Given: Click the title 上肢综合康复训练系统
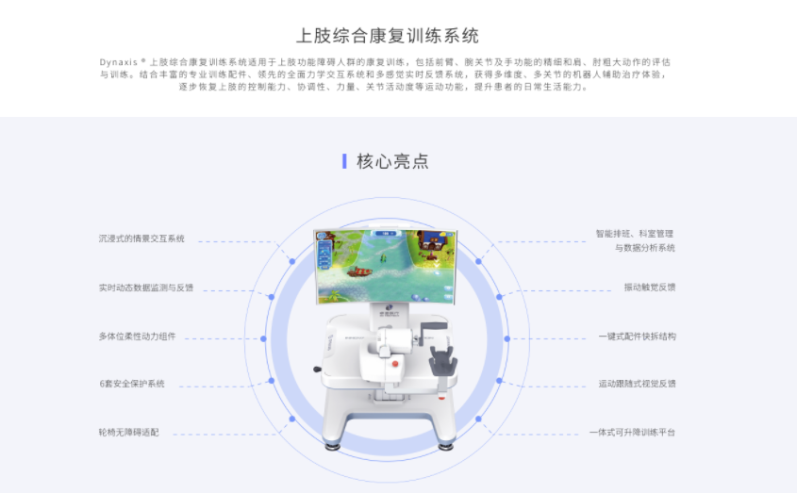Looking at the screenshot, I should pyautogui.click(x=388, y=36).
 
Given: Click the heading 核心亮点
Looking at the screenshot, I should pyautogui.click(x=392, y=161).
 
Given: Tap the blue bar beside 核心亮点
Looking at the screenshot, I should pyautogui.click(x=344, y=161).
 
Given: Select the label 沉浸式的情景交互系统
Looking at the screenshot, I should pyautogui.click(x=141, y=238).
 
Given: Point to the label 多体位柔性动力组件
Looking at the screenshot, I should pyautogui.click(x=137, y=336).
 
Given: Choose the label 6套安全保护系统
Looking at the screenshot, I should pyautogui.click(x=131, y=384).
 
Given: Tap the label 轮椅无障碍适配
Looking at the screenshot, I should pyautogui.click(x=128, y=432).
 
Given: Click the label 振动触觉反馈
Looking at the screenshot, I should pyautogui.click(x=649, y=287).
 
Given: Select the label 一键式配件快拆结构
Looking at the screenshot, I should pyautogui.click(x=637, y=336).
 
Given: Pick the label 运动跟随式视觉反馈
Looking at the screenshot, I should pyautogui.click(x=637, y=384).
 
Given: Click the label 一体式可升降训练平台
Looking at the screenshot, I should pyautogui.click(x=632, y=432).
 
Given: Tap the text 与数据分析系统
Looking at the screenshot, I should pyautogui.click(x=644, y=248).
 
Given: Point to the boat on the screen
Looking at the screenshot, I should pyautogui.click(x=359, y=272).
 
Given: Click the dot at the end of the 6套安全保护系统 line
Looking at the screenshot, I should pyautogui.click(x=272, y=381).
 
